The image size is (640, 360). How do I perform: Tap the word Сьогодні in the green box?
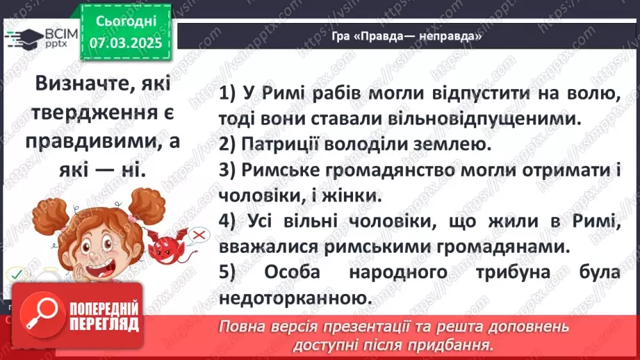(x=126, y=23)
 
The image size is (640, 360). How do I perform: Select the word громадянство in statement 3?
(x=369, y=170)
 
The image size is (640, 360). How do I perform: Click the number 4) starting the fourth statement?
(x=229, y=221)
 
